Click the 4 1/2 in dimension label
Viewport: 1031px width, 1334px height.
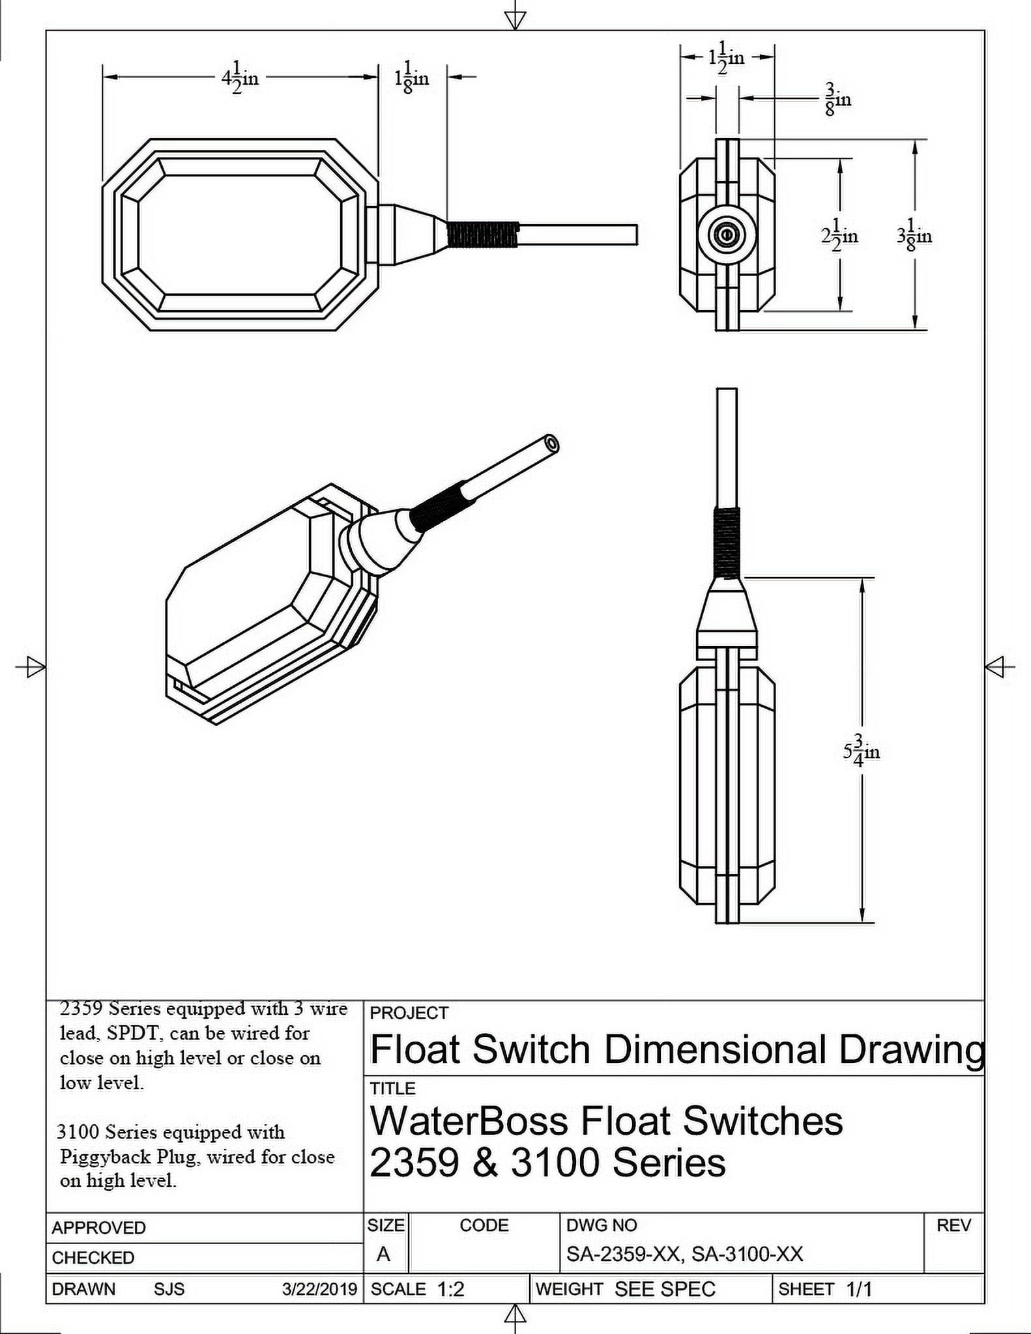pyautogui.click(x=240, y=78)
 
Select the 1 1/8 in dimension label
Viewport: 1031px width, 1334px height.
pyautogui.click(x=411, y=78)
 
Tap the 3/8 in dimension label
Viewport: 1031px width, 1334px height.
pyautogui.click(x=838, y=99)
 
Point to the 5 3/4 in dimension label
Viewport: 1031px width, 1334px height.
pyautogui.click(x=861, y=751)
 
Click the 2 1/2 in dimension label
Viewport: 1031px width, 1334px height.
pyautogui.click(x=839, y=235)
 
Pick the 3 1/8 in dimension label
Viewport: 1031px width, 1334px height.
pyautogui.click(x=914, y=235)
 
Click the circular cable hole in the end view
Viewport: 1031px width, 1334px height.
pyautogui.click(x=726, y=234)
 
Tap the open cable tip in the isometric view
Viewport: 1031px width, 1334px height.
pyautogui.click(x=552, y=444)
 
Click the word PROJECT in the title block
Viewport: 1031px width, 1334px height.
pyautogui.click(x=409, y=1013)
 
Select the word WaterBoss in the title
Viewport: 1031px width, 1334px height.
pyautogui.click(x=469, y=1121)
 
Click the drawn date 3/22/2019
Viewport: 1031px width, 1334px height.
pyautogui.click(x=319, y=1289)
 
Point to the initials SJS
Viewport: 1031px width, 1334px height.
pyautogui.click(x=169, y=1289)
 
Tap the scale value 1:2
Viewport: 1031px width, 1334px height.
pyautogui.click(x=450, y=1289)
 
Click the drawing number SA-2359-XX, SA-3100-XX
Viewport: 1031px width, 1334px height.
pyautogui.click(x=684, y=1254)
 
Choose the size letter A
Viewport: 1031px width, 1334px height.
pyautogui.click(x=383, y=1254)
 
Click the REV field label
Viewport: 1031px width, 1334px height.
pyautogui.click(x=953, y=1225)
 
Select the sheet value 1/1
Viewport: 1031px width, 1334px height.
pyautogui.click(x=858, y=1289)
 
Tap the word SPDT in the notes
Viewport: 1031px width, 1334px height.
pyautogui.click(x=134, y=1033)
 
